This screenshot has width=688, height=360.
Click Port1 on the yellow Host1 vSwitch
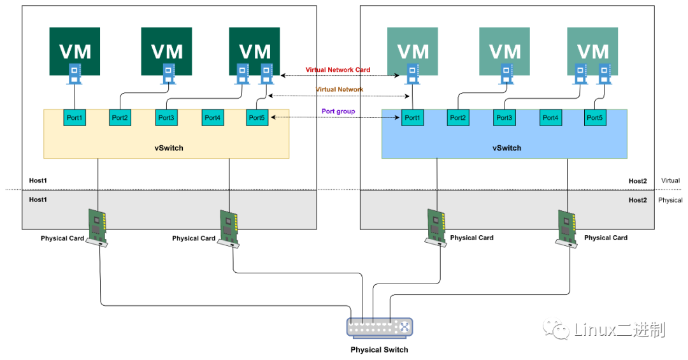(75, 118)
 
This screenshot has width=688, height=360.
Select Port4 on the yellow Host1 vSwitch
(213, 118)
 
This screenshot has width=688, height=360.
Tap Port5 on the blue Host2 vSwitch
(594, 118)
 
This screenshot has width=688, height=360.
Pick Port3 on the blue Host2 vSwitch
(504, 118)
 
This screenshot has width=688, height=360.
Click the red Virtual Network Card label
(338, 70)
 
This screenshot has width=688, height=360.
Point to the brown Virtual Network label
(339, 90)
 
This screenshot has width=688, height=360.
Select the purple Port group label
(338, 111)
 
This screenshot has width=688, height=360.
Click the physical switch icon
(380, 328)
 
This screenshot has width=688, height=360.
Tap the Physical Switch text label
(379, 350)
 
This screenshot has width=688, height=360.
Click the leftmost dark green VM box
(75, 51)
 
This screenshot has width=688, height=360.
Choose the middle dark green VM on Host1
(166, 51)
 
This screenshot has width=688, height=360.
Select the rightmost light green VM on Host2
(592, 51)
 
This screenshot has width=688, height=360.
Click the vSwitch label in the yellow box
(169, 148)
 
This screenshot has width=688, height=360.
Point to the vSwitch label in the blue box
(506, 148)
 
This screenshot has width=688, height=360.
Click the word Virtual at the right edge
(670, 181)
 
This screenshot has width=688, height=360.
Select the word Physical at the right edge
(670, 200)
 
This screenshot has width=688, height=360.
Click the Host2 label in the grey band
(637, 200)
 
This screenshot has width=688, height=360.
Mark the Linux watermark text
(618, 329)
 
